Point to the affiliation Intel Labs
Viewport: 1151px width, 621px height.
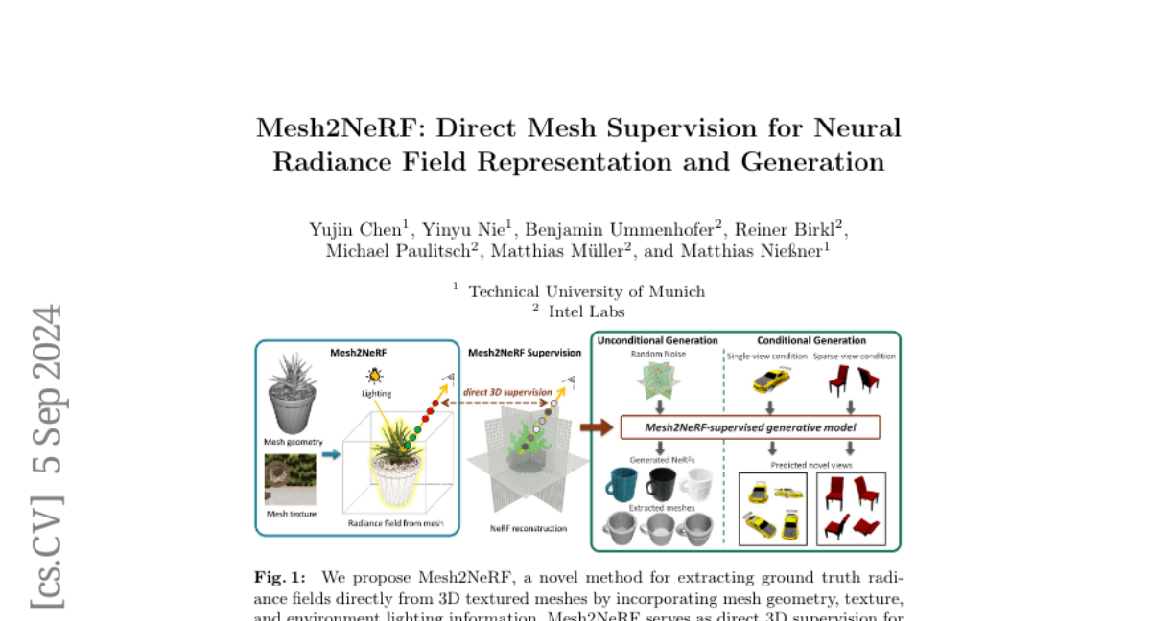pos(586,311)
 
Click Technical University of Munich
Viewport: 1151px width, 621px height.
pos(586,291)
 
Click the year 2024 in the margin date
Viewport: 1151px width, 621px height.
pos(47,351)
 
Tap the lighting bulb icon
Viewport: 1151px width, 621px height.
pos(374,377)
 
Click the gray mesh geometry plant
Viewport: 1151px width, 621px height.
pos(293,393)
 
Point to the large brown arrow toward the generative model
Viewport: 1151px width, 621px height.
pos(596,428)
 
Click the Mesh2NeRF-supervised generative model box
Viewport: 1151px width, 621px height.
pos(750,427)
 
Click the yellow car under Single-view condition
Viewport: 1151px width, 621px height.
pos(770,380)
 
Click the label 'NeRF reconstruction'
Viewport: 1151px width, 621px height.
pos(528,528)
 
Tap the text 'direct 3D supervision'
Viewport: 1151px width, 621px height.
pos(507,392)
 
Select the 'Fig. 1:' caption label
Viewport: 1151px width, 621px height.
pos(280,577)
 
